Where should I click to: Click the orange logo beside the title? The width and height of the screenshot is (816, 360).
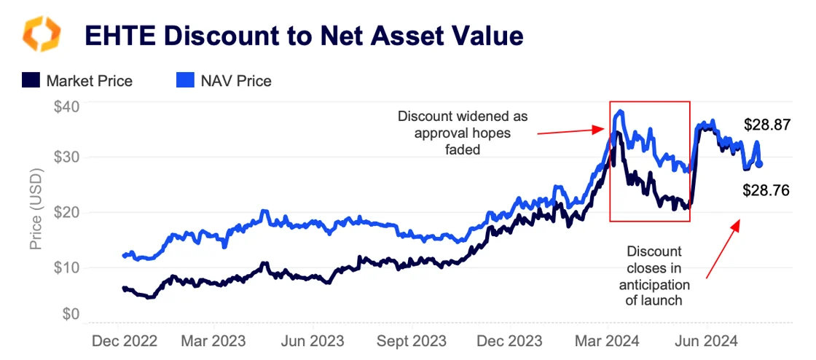pos(42,35)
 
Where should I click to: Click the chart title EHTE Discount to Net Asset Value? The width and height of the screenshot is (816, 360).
pos(304,35)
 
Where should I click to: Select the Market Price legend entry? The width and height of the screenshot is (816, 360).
pos(77,81)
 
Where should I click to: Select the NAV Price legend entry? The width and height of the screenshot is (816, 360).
pos(225,81)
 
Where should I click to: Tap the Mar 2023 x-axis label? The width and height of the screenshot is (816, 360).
pos(213,341)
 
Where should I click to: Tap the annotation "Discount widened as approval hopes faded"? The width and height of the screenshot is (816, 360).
pos(463,133)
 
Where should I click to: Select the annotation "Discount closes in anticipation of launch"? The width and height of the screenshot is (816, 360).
pos(654,275)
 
